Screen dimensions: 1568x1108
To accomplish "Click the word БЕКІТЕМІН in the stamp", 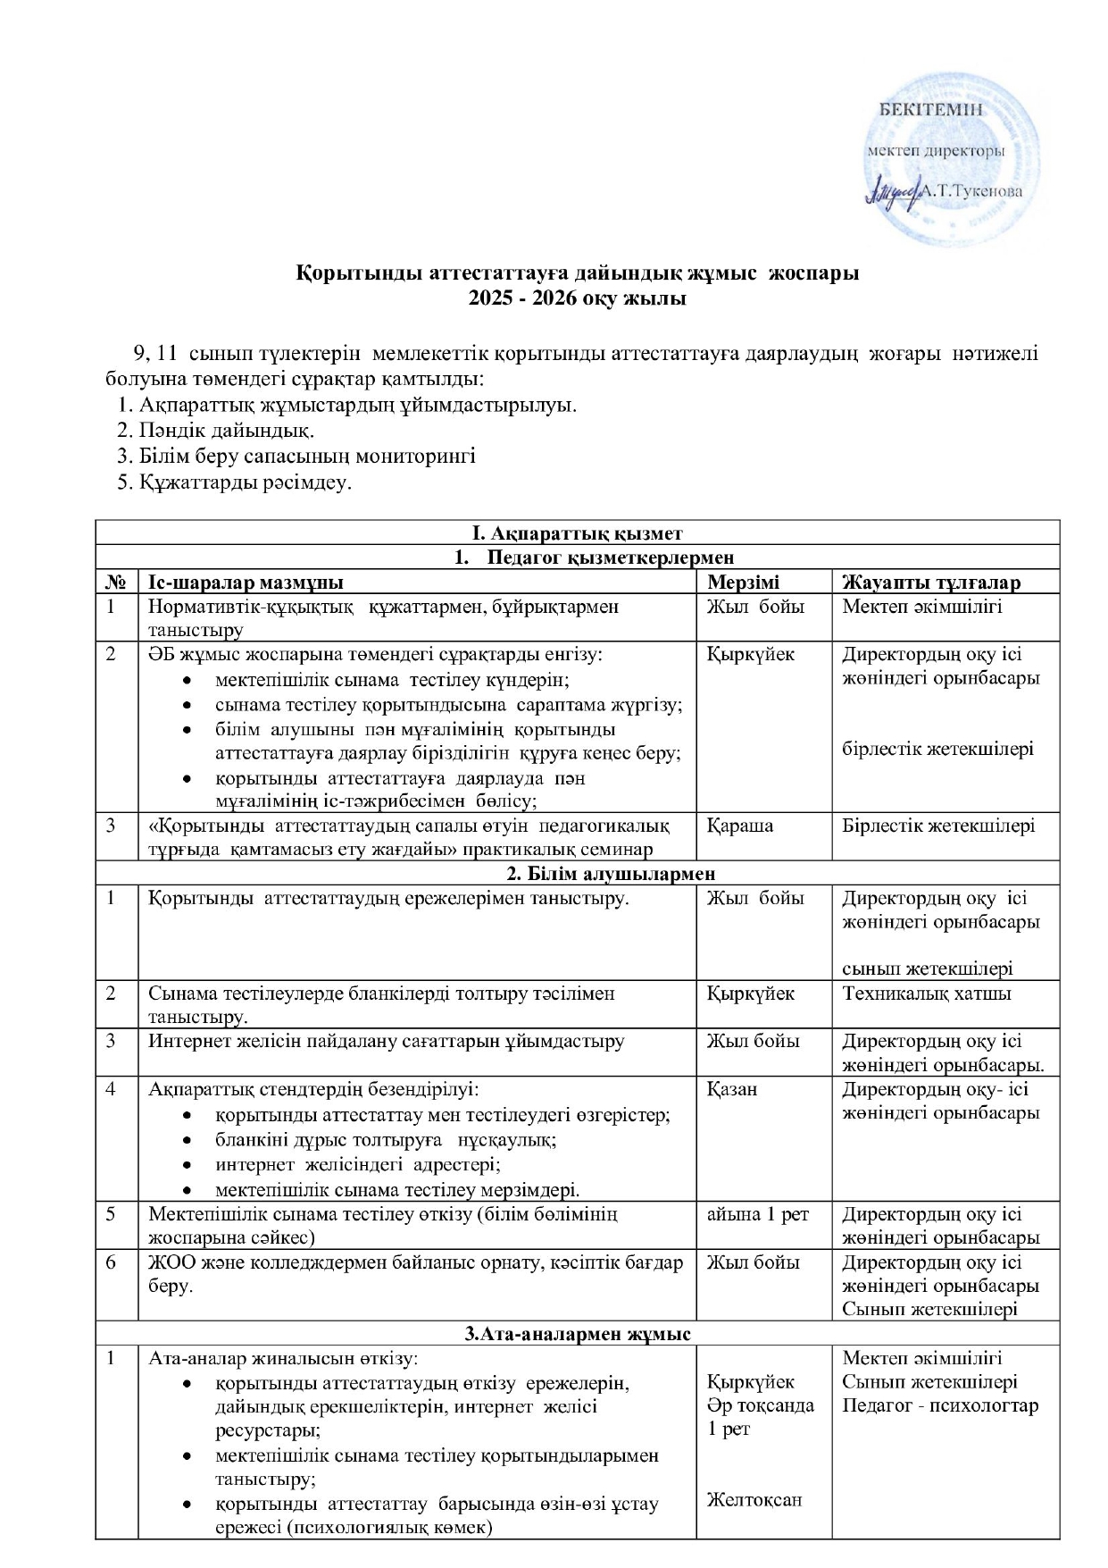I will click(932, 110).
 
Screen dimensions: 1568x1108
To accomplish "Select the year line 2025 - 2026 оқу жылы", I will click(578, 298).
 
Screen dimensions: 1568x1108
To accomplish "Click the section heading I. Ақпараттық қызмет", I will click(578, 533).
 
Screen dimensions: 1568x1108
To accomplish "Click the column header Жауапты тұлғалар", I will click(930, 583).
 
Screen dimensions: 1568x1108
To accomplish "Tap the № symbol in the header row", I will click(115, 583).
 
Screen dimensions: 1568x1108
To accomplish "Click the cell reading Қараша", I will click(739, 825).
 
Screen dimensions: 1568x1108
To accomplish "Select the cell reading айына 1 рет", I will click(757, 1214).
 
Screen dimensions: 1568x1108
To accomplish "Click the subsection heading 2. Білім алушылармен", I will click(578, 873).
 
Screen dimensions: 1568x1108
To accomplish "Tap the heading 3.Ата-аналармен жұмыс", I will click(578, 1334).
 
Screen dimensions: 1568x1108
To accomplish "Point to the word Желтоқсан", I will click(754, 1498).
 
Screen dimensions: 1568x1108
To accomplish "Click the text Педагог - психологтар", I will click(940, 1405).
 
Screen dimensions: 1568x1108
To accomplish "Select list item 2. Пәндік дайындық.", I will click(215, 431).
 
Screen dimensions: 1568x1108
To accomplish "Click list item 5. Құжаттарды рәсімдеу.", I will click(235, 482).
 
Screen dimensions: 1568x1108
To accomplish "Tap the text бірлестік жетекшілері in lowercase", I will click(937, 748).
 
